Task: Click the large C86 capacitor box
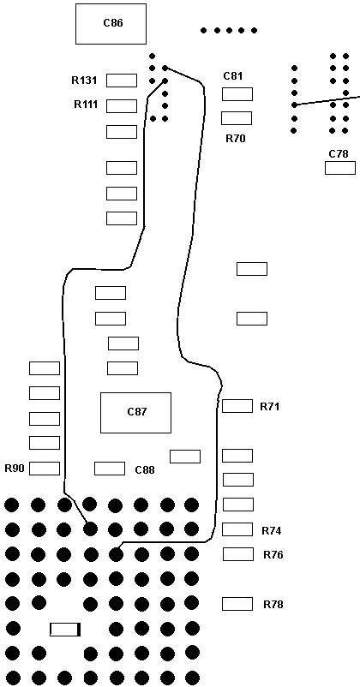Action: (x=111, y=24)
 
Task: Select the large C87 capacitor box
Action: (x=136, y=413)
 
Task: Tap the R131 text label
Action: (x=84, y=81)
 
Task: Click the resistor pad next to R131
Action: (x=122, y=81)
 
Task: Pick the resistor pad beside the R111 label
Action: (x=122, y=106)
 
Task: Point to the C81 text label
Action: (x=233, y=75)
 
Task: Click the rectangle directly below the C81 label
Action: (x=237, y=94)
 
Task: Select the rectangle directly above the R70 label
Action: (x=237, y=118)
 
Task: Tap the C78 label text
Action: (x=339, y=154)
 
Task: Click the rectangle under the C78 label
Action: (x=340, y=168)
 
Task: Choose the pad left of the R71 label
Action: (x=237, y=406)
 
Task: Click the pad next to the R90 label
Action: (x=45, y=469)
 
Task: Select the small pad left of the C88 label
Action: (x=110, y=469)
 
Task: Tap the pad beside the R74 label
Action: (x=237, y=529)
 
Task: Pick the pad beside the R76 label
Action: (x=238, y=554)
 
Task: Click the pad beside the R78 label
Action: (x=237, y=604)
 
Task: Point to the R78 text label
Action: (x=273, y=605)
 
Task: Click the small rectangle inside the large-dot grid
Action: (x=65, y=630)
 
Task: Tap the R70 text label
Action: (x=236, y=139)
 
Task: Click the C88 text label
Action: (x=145, y=470)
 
